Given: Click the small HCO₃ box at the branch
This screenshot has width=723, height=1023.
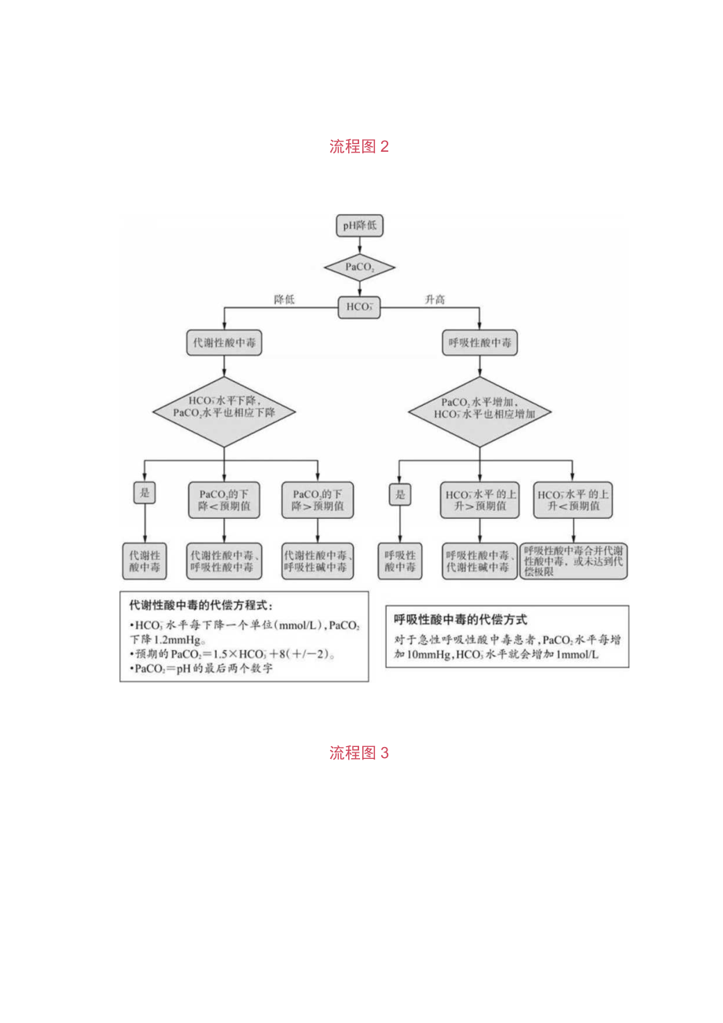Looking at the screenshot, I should (x=360, y=307).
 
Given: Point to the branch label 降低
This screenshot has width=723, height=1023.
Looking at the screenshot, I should (x=284, y=300).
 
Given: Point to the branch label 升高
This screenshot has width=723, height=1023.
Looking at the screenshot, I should (x=435, y=300).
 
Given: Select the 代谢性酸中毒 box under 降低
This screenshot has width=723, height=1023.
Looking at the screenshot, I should (x=225, y=344).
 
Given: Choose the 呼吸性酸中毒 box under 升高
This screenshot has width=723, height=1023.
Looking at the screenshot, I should (x=482, y=344).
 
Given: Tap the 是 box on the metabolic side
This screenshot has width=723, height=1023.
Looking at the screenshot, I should (x=143, y=493).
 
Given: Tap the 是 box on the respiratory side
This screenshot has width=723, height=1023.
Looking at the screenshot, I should (x=399, y=494).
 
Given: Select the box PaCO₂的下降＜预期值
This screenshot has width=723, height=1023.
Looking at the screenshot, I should (x=225, y=500).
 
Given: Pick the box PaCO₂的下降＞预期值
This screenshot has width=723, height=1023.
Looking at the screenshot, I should (x=317, y=500).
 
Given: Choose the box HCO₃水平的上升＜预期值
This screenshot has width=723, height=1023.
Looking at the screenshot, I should (x=573, y=500).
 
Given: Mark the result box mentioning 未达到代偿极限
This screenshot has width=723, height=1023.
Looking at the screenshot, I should (x=574, y=561).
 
